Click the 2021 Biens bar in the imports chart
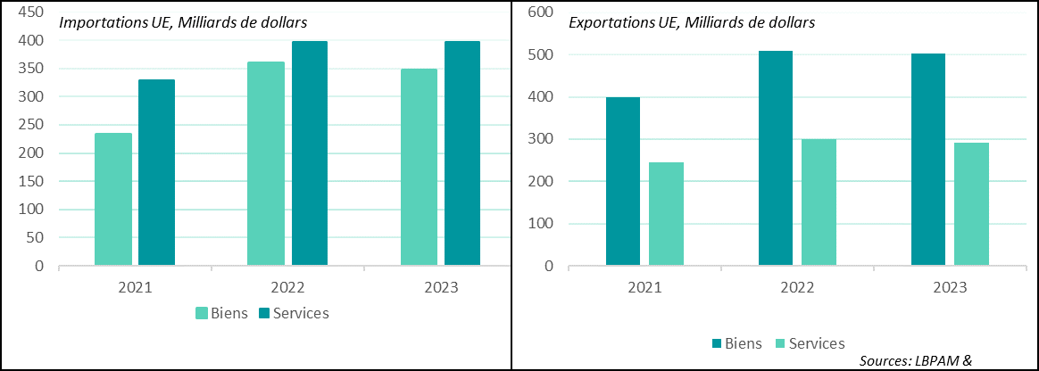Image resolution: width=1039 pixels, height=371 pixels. point(112,199)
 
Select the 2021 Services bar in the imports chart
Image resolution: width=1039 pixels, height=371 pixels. point(156,172)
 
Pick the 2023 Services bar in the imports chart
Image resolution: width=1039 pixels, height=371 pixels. point(462,153)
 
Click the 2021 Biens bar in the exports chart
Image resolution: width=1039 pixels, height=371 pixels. point(622,181)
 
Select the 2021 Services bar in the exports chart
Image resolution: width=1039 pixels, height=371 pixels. point(666,214)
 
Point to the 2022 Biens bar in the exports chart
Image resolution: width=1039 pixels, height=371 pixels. point(775,158)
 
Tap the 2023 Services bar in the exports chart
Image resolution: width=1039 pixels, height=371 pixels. point(971,204)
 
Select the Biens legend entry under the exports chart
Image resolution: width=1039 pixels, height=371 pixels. point(737,343)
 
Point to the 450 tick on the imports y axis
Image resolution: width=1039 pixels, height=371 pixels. point(31,12)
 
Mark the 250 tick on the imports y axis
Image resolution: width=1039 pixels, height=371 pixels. point(31,125)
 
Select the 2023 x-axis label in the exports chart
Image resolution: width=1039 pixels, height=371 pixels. point(950,287)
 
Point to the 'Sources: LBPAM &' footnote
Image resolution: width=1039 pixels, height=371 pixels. point(916,361)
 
